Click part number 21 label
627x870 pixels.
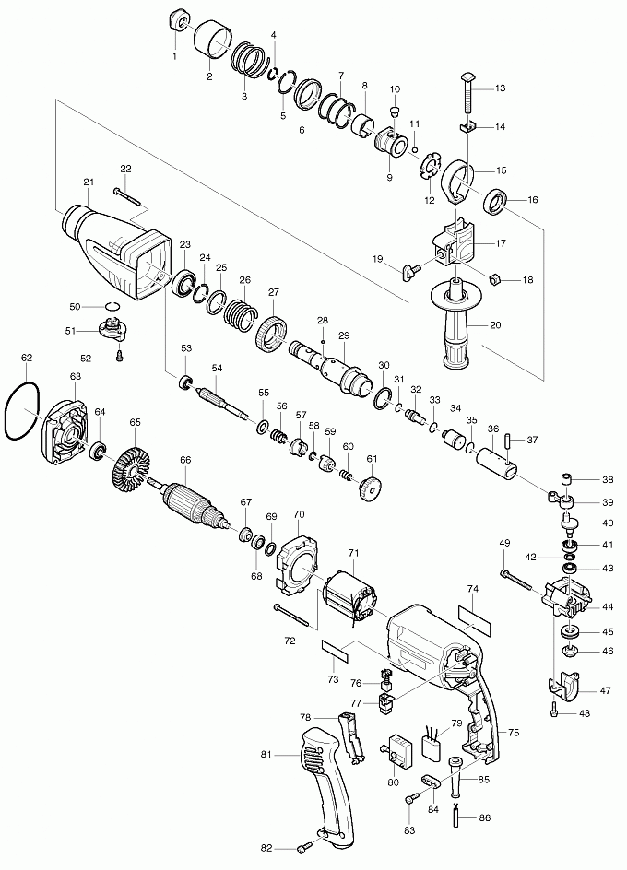point(89,182)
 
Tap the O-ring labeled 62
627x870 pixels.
point(21,412)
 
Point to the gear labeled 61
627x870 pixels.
point(371,487)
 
